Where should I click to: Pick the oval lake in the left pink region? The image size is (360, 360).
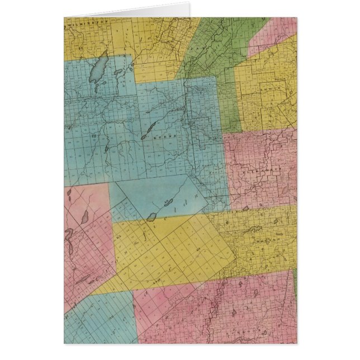(x=84, y=216)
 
